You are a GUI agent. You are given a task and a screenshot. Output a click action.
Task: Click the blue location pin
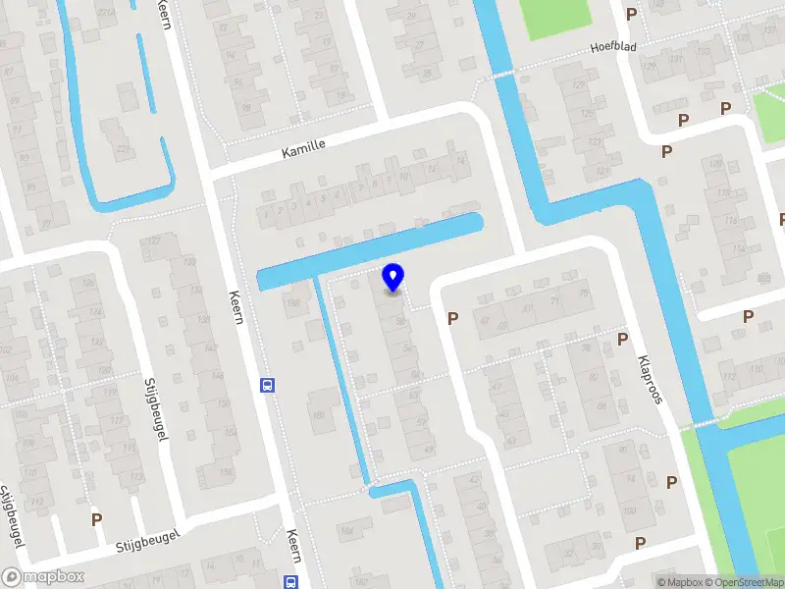pos(393,277)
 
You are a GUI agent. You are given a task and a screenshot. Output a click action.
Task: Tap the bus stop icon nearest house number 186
pos(266,385)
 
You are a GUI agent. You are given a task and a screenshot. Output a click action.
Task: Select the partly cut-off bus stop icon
pos(291,582)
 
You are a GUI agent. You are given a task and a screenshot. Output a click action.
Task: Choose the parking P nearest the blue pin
pos(452,318)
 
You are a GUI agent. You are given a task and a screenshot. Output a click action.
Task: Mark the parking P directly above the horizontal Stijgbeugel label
pos(96,518)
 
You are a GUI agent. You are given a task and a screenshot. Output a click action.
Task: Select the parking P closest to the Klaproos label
pos(622,339)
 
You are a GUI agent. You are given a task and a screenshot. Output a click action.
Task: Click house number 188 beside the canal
pos(292,304)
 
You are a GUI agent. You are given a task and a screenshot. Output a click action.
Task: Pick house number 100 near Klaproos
pos(628,510)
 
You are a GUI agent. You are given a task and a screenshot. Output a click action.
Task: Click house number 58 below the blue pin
pos(399,321)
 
